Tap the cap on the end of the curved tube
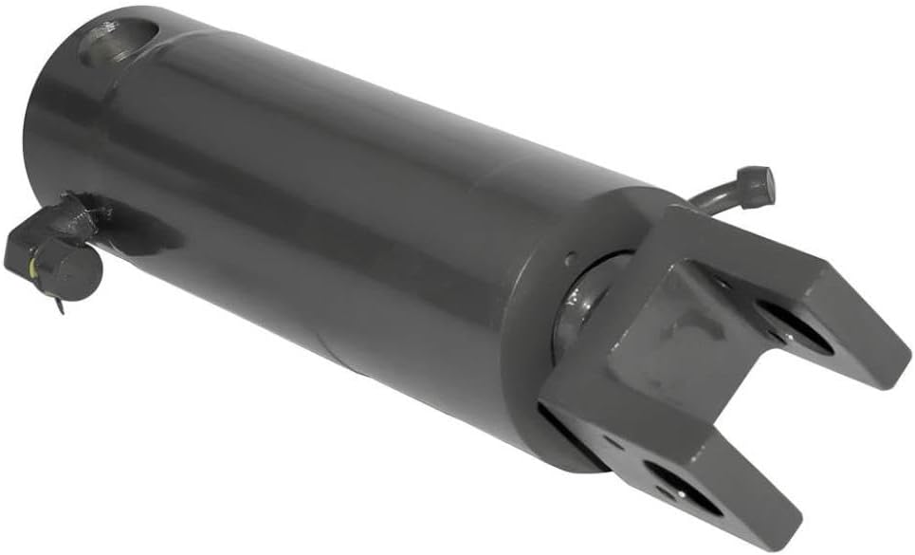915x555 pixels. tap(756, 184)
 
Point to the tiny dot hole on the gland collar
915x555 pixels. tap(568, 259)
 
